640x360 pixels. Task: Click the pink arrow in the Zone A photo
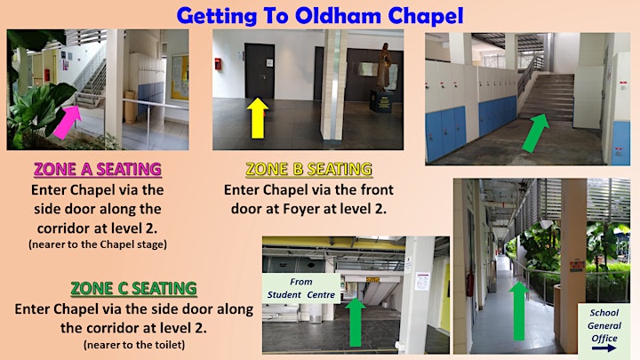[68, 121]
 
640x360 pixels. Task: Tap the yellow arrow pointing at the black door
[258, 118]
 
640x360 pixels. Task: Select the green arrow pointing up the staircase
[535, 132]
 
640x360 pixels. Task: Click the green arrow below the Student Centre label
[355, 322]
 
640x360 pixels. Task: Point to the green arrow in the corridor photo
[519, 310]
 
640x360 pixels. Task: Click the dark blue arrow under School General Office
[604, 348]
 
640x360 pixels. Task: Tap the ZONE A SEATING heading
[98, 169]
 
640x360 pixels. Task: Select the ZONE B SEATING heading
[309, 169]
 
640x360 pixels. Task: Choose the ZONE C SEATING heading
[134, 288]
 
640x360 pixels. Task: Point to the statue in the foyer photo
[384, 67]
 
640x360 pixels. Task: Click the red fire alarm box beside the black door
[219, 64]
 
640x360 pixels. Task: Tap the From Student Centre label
[300, 288]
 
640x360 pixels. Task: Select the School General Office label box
[604, 331]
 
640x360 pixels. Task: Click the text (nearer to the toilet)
[134, 345]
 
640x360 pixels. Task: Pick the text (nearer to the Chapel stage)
[98, 244]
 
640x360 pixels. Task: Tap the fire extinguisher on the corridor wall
[470, 284]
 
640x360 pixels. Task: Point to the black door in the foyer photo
[260, 71]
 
